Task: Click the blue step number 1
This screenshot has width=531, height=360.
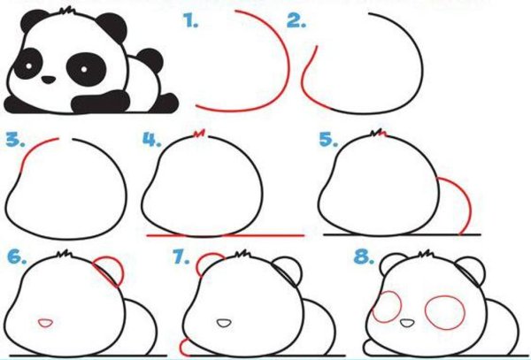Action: (190, 21)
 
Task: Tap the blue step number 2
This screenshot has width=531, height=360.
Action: (296, 21)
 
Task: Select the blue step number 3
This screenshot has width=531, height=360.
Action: (15, 140)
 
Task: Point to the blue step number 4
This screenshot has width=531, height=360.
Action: (151, 140)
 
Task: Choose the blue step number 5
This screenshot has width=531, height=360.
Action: (328, 140)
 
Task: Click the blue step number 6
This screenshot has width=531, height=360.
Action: (17, 257)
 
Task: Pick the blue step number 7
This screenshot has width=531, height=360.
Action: (181, 257)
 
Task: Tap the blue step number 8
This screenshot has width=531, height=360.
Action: (364, 257)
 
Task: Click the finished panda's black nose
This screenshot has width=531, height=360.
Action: (49, 80)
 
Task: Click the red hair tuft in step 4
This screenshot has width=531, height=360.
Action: (199, 134)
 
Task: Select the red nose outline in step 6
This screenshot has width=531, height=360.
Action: (45, 323)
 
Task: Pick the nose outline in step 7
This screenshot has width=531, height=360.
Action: (224, 323)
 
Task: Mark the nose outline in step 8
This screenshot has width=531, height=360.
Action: (407, 323)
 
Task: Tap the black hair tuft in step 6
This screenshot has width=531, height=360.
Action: (65, 254)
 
